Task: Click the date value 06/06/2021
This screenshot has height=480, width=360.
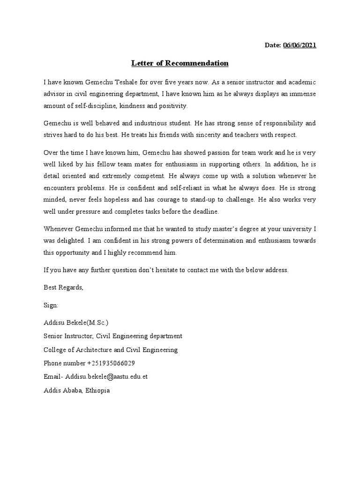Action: point(300,45)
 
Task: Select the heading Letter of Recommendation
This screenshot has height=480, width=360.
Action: point(180,63)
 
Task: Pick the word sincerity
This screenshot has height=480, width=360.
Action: point(187,135)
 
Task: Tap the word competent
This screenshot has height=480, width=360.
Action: point(149,176)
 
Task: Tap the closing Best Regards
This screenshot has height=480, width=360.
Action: point(63,287)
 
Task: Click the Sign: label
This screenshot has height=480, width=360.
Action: point(51,305)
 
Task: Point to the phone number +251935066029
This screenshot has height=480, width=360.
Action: point(112,363)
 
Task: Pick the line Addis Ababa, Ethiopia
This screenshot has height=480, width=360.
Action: point(76,390)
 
